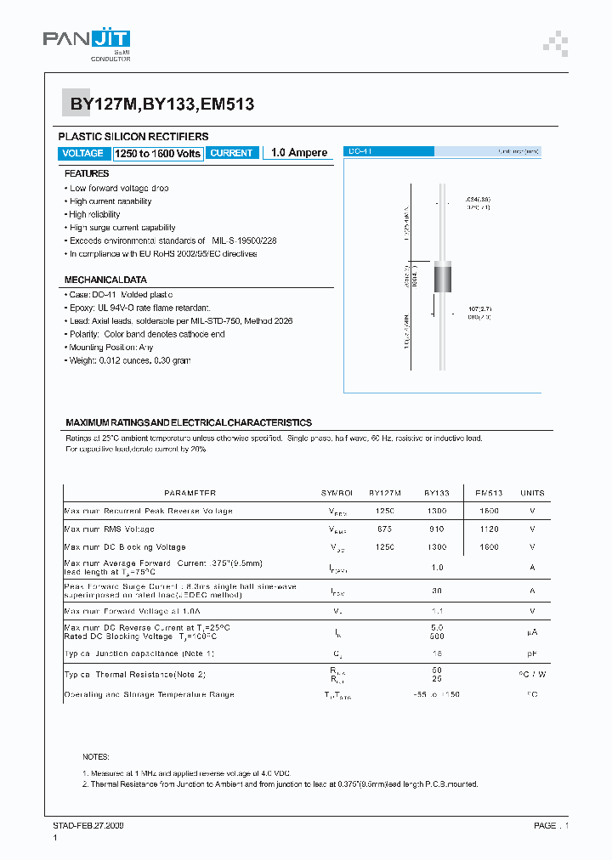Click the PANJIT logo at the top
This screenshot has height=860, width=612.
click(86, 42)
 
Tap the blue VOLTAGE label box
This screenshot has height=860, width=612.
click(83, 153)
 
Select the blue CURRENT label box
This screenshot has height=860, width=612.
click(231, 153)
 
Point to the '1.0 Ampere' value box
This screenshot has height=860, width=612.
click(299, 153)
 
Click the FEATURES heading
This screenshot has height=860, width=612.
click(87, 173)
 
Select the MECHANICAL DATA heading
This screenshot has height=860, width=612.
click(105, 280)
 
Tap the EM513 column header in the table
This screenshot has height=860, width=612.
click(489, 493)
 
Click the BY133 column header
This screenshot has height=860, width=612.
click(437, 493)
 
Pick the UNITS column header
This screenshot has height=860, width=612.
click(532, 493)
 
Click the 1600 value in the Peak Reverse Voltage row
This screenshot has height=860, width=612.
click(489, 511)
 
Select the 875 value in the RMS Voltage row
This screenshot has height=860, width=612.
click(385, 529)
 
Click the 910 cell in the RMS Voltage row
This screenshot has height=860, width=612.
click(437, 529)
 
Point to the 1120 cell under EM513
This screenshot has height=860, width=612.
click(489, 529)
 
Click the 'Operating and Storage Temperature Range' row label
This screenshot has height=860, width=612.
click(150, 694)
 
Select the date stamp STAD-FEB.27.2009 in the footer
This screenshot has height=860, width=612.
click(88, 825)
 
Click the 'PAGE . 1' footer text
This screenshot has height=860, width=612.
click(551, 825)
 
